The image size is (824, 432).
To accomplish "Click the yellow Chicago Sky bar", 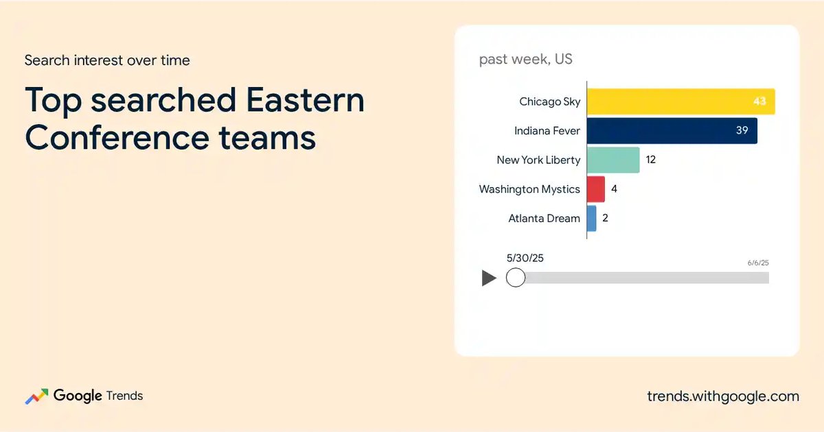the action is click(x=681, y=101).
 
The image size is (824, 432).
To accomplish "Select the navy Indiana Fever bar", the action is click(x=672, y=131).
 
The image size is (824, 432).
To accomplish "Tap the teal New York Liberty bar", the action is click(x=613, y=160).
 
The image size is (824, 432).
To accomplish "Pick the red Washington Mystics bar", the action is click(x=596, y=189).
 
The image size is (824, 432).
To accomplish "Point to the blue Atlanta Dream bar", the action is click(x=591, y=218).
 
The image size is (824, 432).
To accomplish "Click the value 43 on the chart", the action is click(x=759, y=101).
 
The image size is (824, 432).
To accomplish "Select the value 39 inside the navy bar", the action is click(x=742, y=130).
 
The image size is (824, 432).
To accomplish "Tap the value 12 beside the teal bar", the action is click(x=651, y=159).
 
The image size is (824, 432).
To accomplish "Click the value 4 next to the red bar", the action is click(x=614, y=189).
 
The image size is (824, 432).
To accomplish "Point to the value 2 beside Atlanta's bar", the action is click(x=605, y=218).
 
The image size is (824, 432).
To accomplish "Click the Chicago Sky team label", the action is click(x=549, y=101).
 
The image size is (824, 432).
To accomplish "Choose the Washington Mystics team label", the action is click(x=529, y=189).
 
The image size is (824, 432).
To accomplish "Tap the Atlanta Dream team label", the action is click(x=544, y=218).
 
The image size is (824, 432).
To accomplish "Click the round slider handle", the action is click(x=516, y=277).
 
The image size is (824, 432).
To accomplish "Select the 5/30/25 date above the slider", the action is click(x=525, y=258).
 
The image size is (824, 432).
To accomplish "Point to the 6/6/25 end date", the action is click(x=758, y=263).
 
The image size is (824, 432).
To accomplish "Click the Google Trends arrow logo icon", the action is click(x=36, y=396).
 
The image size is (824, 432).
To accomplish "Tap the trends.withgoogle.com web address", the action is click(x=723, y=396).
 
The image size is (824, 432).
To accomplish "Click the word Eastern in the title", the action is click(x=305, y=99).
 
